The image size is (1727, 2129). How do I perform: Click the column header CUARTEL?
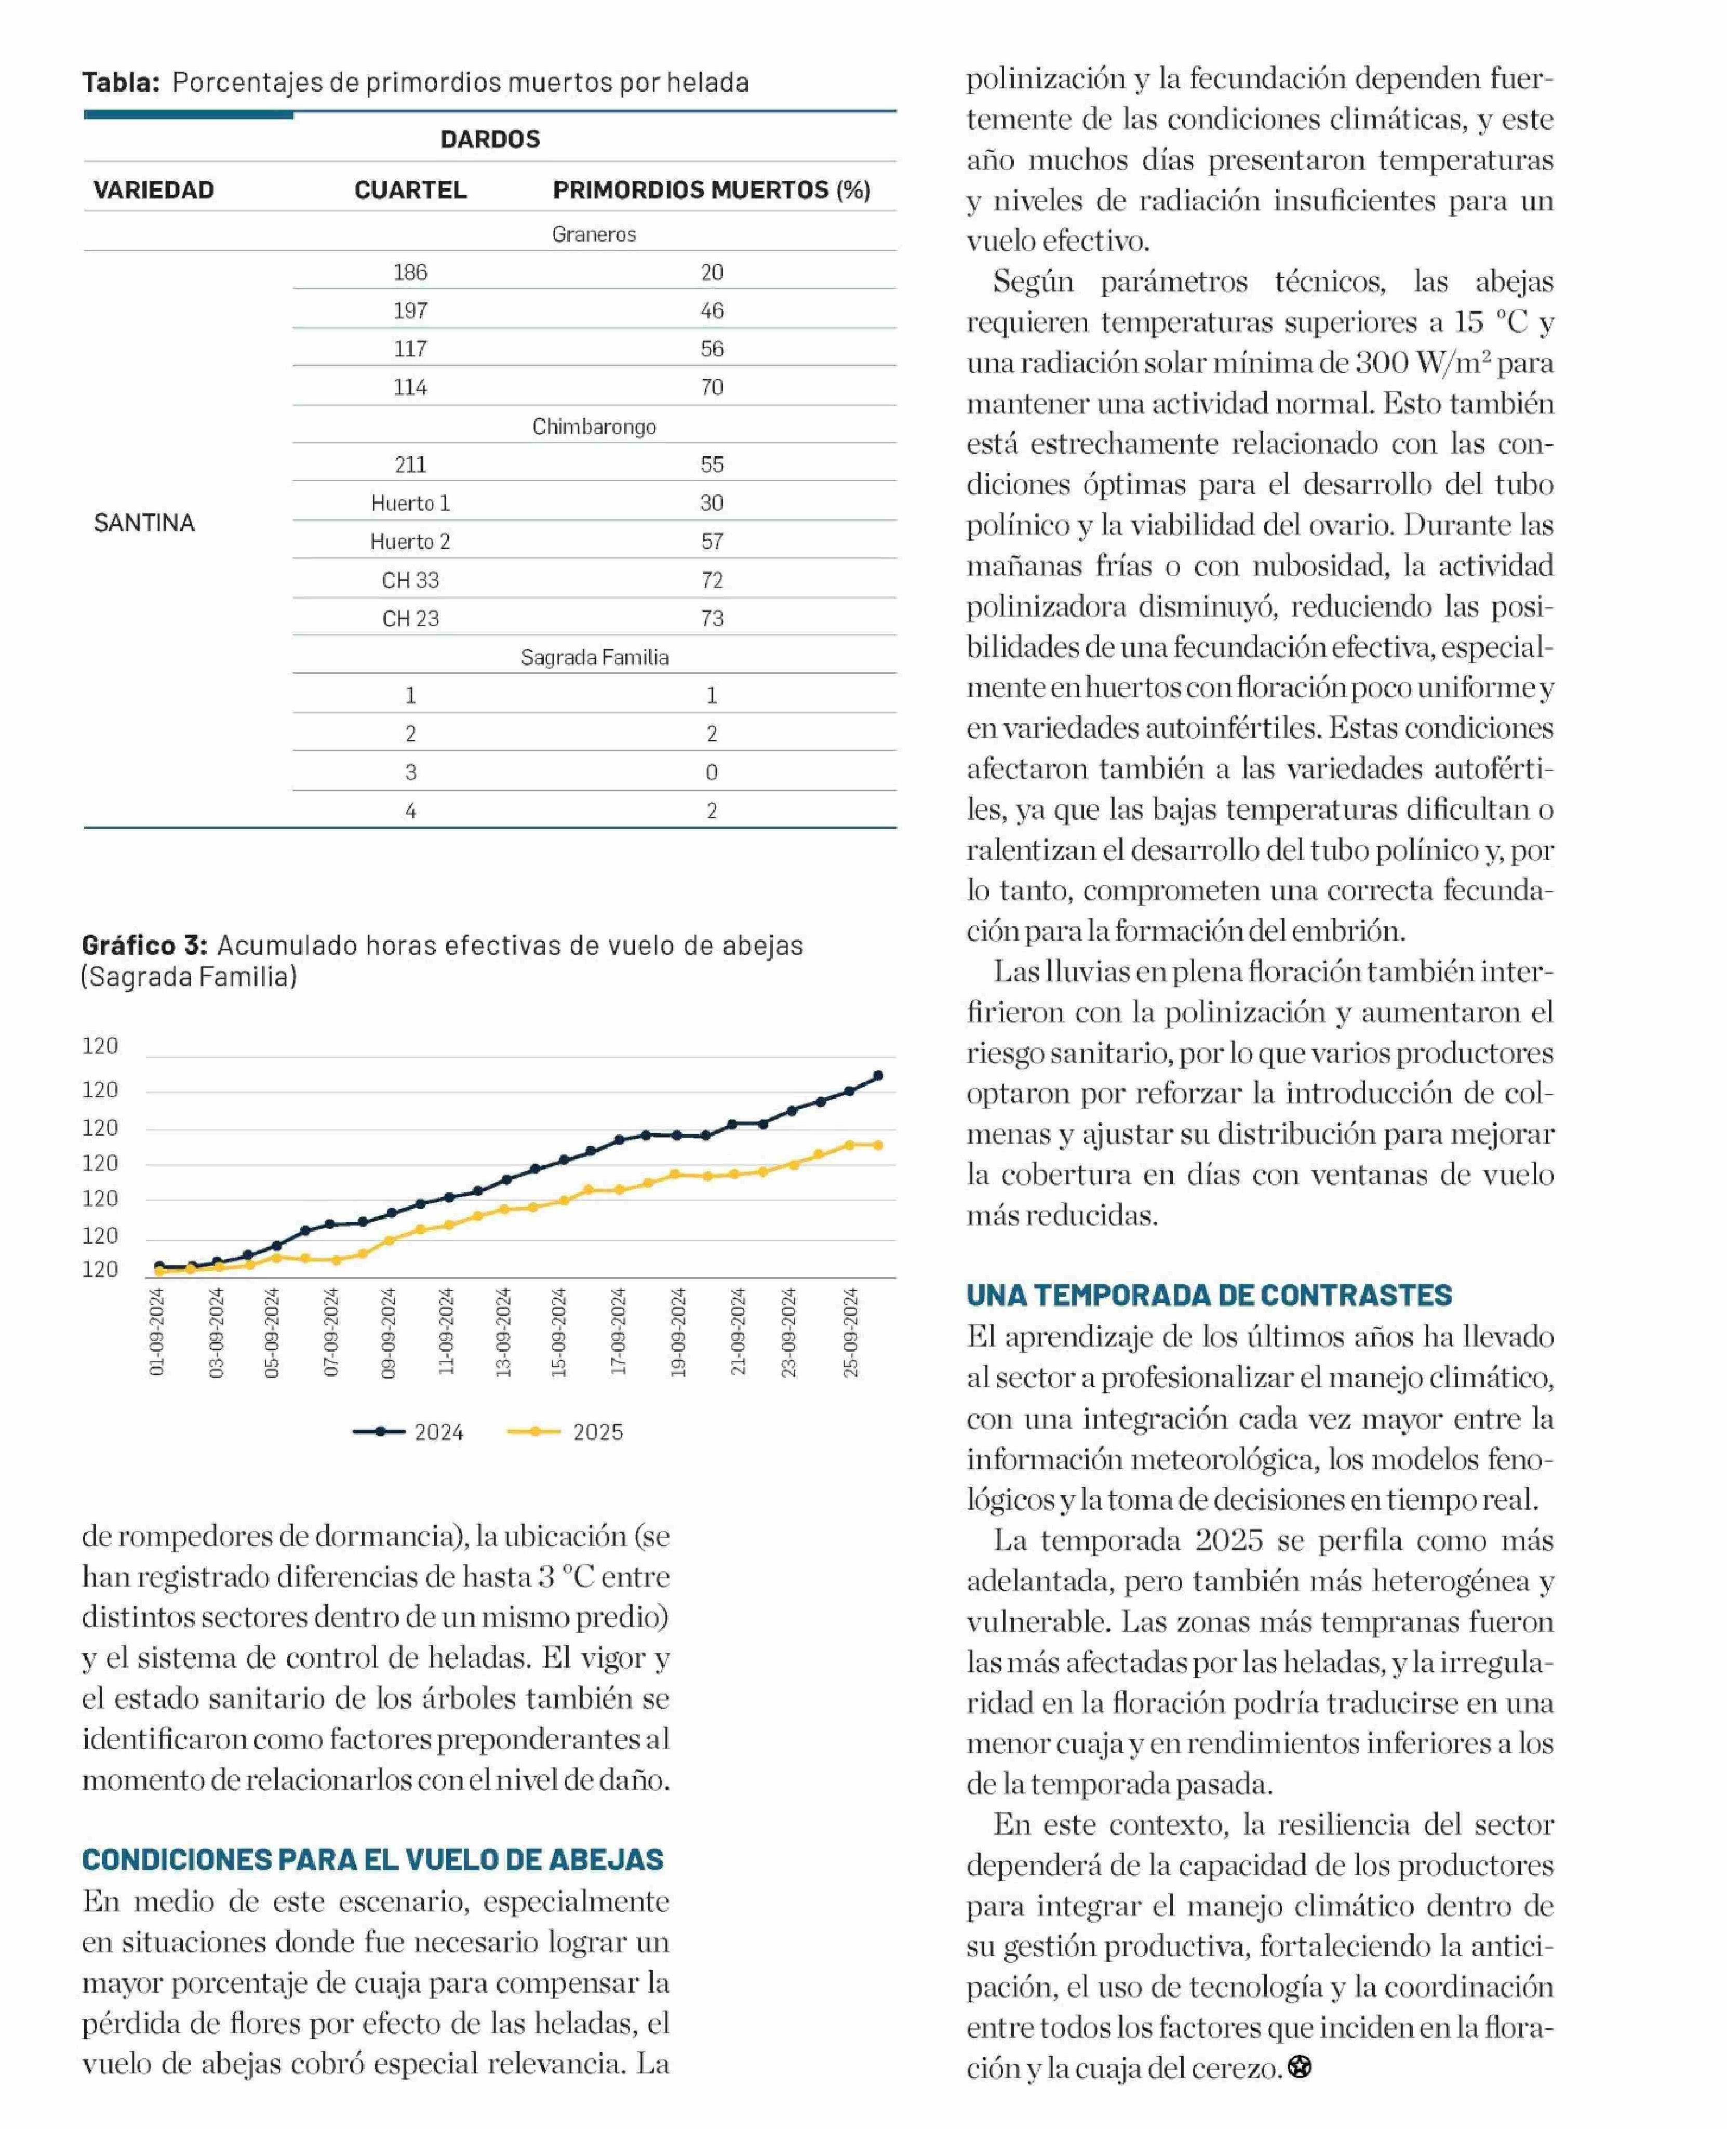click(410, 190)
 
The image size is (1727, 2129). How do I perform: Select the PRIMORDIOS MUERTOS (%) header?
click(711, 190)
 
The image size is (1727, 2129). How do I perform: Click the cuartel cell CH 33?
click(410, 580)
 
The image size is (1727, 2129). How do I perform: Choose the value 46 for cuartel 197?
click(711, 310)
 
